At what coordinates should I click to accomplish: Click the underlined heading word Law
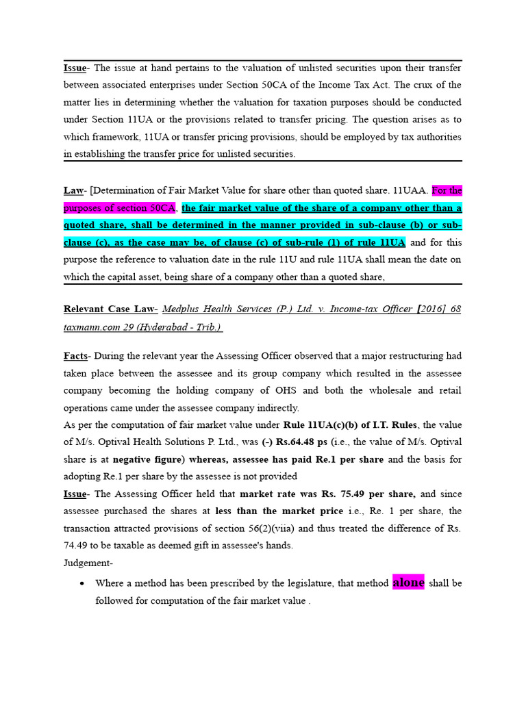(73, 190)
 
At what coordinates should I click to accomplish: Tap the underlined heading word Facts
(75, 356)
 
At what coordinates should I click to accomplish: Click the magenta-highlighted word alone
(408, 583)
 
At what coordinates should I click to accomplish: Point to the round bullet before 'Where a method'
(82, 583)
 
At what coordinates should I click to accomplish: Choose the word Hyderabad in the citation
(165, 327)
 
